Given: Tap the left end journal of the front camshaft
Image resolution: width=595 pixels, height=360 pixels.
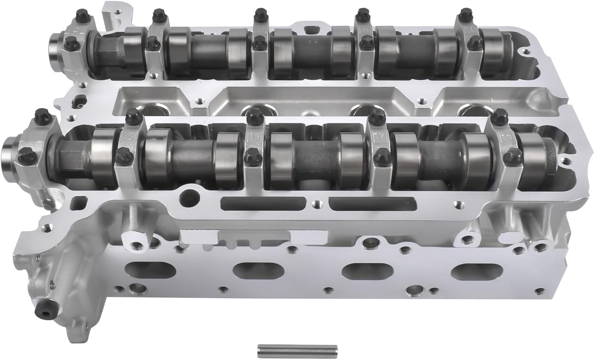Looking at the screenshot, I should (10, 149).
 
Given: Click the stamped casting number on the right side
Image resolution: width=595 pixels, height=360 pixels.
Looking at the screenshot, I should (479, 232).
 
